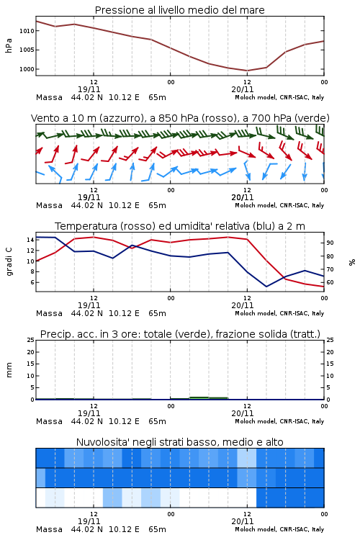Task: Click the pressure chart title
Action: (179, 10)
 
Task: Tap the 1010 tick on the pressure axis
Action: (27, 31)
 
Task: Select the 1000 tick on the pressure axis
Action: (27, 69)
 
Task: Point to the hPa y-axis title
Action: (9, 45)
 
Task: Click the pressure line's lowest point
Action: (247, 71)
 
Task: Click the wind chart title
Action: (180, 118)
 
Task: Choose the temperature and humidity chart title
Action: (180, 226)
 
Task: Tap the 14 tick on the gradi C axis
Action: (30, 240)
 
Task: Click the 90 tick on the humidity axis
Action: (330, 243)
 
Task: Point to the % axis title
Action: (352, 262)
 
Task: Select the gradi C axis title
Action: (9, 261)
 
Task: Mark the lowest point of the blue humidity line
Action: (266, 287)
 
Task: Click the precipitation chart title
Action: (180, 334)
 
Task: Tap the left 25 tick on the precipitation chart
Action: (31, 340)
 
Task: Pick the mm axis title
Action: (9, 370)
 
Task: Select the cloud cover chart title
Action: (179, 442)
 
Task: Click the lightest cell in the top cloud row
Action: (247, 458)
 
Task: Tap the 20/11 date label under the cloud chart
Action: (243, 521)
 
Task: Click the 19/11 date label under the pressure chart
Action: (89, 89)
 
